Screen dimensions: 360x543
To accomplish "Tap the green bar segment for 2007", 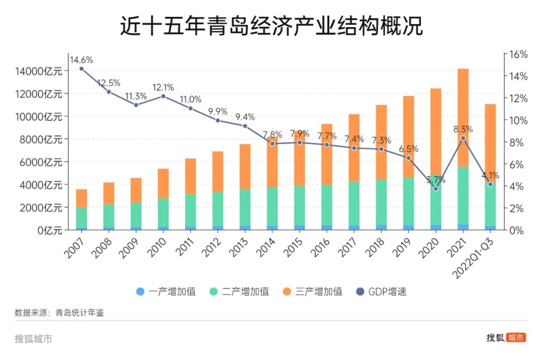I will tap(81, 217).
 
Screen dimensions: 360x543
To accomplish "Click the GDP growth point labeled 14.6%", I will tap(81, 69).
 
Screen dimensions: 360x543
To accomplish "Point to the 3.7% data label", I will tap(435, 180).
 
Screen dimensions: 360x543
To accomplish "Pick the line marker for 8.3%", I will tap(463, 138).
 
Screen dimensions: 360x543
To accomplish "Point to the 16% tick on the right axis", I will tap(517, 54).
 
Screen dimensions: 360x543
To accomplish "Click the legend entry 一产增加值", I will tap(165, 292).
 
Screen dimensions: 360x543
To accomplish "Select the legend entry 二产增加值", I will tap(239, 292).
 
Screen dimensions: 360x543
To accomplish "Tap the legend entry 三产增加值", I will tap(312, 292).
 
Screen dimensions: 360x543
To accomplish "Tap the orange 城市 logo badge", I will tap(516, 337).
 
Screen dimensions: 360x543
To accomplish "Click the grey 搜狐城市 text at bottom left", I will tap(33, 339).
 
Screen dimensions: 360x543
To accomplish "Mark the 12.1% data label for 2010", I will tap(163, 87).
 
